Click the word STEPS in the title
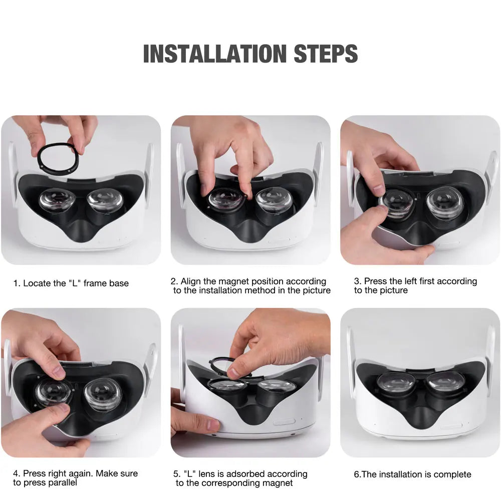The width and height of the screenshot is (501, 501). [x=326, y=54]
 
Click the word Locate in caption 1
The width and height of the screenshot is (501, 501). [x=36, y=283]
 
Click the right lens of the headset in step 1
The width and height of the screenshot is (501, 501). [x=105, y=200]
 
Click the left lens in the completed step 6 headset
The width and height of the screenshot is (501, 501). [x=396, y=384]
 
